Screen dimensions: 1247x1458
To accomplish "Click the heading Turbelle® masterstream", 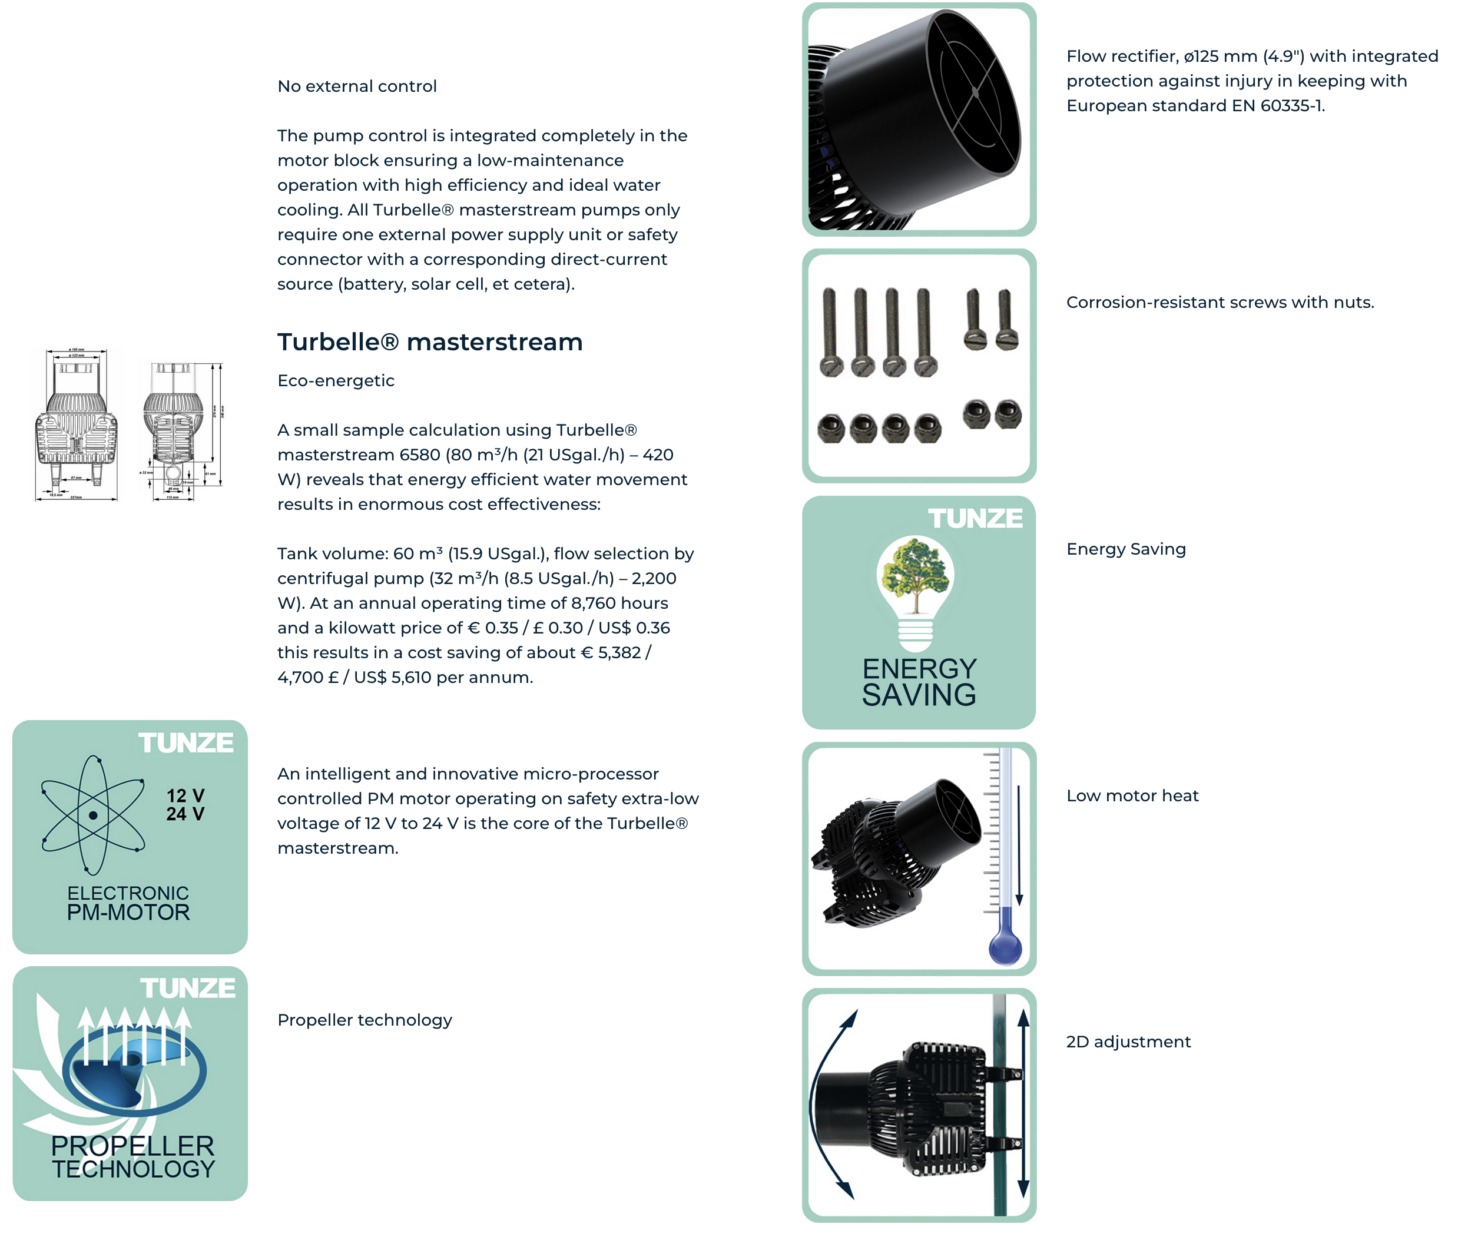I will click(429, 342).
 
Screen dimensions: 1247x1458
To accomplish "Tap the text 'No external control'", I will click(357, 86).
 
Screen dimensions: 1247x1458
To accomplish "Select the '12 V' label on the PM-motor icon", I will click(185, 795).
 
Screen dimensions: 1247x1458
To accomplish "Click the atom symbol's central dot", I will click(93, 815).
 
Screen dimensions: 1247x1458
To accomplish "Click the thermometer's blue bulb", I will click(1005, 947).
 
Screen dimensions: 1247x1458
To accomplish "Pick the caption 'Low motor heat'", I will click(1132, 795).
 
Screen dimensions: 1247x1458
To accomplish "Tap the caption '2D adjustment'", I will click(1128, 1042).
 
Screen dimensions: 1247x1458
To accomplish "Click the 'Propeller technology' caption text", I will click(364, 1020).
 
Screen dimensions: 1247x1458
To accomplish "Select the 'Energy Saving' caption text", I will click(1126, 549).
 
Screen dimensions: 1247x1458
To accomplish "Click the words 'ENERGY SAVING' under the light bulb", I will click(919, 682).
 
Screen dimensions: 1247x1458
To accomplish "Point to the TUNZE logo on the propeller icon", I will click(187, 988).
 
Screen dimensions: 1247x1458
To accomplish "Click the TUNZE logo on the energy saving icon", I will click(975, 519).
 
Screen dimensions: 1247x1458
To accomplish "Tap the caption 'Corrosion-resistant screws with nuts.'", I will click(1220, 302).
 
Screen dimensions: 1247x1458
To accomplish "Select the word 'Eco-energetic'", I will click(336, 381).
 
